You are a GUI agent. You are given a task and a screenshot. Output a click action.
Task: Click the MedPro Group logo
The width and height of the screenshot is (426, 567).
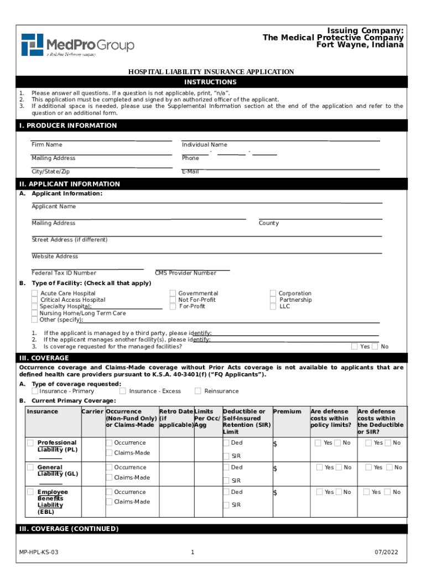(77, 45)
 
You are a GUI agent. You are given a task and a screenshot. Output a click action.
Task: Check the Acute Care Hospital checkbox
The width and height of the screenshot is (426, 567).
(35, 293)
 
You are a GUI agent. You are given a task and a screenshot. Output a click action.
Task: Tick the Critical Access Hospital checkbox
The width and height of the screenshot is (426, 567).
(35, 300)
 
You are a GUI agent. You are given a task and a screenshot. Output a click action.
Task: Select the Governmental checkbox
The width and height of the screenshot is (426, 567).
(173, 293)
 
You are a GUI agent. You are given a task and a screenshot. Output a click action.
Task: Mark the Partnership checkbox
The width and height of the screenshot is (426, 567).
(273, 300)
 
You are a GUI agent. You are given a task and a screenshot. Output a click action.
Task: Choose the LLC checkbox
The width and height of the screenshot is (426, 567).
(273, 306)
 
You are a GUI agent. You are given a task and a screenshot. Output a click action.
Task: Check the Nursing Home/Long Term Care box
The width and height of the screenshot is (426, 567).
(35, 313)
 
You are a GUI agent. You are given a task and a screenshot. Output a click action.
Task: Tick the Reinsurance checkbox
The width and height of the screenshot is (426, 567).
(198, 391)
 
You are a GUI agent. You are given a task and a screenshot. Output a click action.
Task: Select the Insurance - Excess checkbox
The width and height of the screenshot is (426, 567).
(123, 391)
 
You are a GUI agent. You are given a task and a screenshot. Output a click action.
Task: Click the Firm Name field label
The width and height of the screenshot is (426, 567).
(47, 145)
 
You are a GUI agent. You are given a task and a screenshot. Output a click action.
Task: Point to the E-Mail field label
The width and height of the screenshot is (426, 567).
(190, 172)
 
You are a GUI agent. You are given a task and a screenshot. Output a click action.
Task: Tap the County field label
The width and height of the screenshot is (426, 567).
(269, 223)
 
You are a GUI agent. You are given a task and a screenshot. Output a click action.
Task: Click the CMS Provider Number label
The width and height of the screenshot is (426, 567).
(186, 273)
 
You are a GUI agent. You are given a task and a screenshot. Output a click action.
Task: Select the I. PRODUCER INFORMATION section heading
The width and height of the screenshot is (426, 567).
(68, 126)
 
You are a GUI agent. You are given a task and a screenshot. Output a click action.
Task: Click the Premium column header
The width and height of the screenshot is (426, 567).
(287, 411)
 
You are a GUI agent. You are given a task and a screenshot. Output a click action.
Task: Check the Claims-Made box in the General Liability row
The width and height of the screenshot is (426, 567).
(109, 477)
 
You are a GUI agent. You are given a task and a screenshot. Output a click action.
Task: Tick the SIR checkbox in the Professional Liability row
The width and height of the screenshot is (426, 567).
(227, 456)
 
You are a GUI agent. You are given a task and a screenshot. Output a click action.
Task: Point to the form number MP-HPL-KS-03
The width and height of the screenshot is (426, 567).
(39, 553)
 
